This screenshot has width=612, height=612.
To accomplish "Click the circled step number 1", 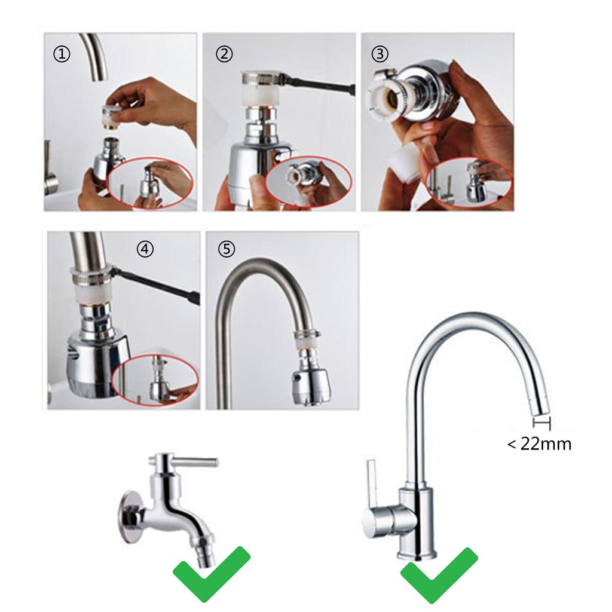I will [x=62, y=54].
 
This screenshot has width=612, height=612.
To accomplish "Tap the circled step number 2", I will [x=224, y=54].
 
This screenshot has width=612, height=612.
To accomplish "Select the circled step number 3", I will [x=380, y=54].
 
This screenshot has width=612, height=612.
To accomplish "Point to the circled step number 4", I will [x=145, y=249].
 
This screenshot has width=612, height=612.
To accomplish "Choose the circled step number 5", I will [x=226, y=249].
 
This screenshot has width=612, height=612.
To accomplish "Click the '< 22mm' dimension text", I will [x=539, y=444].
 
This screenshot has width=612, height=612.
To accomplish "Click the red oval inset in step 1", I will [x=150, y=182].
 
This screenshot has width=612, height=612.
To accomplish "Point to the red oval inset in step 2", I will [x=308, y=183].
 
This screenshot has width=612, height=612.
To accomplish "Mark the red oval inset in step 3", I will [x=469, y=182].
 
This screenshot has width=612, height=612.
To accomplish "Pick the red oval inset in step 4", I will [x=155, y=380].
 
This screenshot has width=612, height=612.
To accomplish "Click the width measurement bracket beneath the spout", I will [x=542, y=424].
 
